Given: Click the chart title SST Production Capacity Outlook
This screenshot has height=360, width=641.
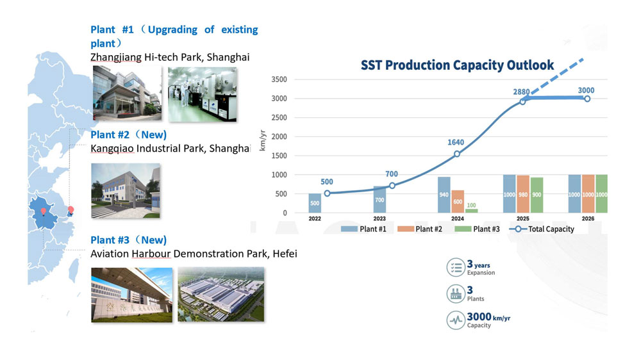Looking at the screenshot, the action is click(x=457, y=65).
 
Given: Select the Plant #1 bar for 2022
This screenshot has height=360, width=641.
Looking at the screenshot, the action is click(x=315, y=203).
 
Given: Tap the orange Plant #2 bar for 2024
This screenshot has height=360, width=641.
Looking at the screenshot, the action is click(x=458, y=201).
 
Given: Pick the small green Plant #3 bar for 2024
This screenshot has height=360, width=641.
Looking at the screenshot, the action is click(x=471, y=211).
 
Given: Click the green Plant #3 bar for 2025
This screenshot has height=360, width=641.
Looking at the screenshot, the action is click(x=537, y=195).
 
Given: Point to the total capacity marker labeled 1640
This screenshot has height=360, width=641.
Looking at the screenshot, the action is click(x=457, y=154).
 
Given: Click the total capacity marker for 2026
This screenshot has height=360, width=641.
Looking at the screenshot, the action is click(x=587, y=99).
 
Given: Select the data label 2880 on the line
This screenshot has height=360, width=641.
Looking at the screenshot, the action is click(x=521, y=92).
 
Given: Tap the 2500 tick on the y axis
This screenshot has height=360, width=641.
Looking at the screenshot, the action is click(x=279, y=118).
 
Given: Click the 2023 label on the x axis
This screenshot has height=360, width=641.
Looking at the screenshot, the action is click(x=379, y=218).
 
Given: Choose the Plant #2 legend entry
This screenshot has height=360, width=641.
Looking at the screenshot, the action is click(x=420, y=229).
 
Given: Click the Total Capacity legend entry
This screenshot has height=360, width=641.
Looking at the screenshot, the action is click(x=542, y=229).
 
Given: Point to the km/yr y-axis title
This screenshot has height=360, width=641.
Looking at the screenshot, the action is click(x=262, y=140).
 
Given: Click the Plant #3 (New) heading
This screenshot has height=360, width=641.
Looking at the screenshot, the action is click(x=128, y=240).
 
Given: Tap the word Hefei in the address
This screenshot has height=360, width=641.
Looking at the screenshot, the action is click(x=285, y=254).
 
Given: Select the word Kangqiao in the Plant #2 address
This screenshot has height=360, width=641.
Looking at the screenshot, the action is click(x=112, y=149).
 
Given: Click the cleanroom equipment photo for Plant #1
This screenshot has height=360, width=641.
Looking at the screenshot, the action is click(x=203, y=94).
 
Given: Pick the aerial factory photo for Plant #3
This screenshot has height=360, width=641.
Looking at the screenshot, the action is click(x=221, y=294).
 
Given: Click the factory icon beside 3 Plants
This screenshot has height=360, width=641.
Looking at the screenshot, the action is click(x=455, y=294).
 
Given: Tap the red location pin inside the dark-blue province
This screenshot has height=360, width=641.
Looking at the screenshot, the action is click(x=44, y=211).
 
